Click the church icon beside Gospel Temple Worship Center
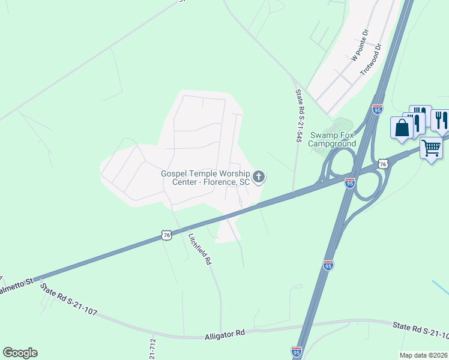pos(259,176)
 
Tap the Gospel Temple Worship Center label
pos(205,178)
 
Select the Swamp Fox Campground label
pos(333,139)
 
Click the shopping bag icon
pos(402,128)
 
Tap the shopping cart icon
pos(431,147)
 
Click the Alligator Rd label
pos(224,334)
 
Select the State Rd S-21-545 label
pos(298,116)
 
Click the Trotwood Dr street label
pos(371,59)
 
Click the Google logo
pos(20,353)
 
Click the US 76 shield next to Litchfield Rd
pos(166,236)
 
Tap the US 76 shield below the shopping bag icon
pos(382,164)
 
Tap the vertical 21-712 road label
pos(152,349)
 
